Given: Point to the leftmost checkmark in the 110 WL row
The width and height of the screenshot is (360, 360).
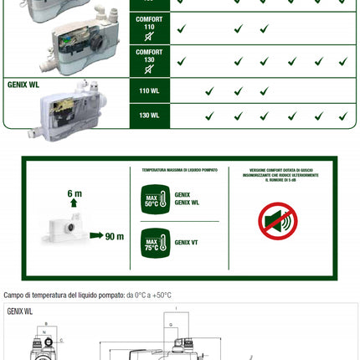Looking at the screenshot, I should click(209, 91).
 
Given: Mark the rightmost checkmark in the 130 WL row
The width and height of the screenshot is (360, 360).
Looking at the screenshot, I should click(342, 116).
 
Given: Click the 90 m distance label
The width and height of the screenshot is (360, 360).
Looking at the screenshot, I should click(114, 235).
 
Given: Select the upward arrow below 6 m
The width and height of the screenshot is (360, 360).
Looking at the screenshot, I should click(75, 203).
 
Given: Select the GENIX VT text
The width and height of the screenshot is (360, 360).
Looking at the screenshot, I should click(187, 243).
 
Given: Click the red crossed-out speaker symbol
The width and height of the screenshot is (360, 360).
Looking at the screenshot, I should click(277, 221).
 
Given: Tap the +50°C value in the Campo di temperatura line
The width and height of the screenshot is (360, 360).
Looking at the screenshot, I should click(161, 296).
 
